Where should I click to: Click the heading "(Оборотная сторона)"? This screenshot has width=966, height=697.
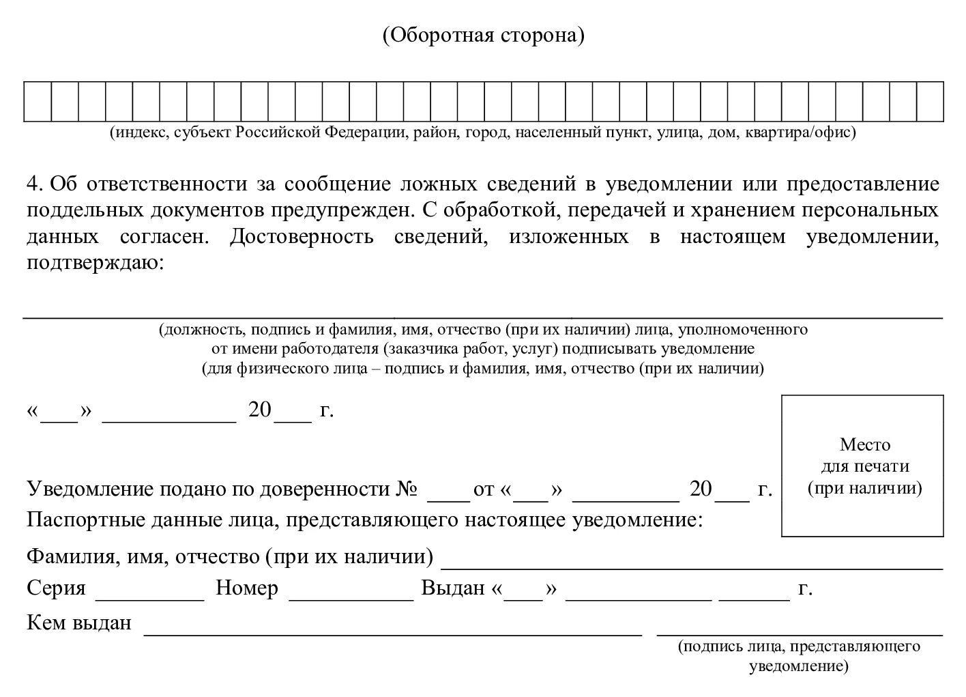click(483, 35)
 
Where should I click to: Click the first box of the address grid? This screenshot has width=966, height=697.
click(38, 101)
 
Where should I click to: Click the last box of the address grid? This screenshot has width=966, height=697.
click(931, 101)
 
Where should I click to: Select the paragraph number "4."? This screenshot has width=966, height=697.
click(35, 184)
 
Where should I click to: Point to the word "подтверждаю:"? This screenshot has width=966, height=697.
click(96, 263)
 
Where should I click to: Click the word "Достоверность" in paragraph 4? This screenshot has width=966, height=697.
click(302, 237)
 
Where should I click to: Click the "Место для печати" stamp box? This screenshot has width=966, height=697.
click(863, 466)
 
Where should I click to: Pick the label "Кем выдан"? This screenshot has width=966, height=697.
click(79, 623)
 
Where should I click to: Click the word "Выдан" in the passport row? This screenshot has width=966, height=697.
click(453, 588)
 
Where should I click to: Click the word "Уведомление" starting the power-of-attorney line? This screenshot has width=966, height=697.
click(90, 489)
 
